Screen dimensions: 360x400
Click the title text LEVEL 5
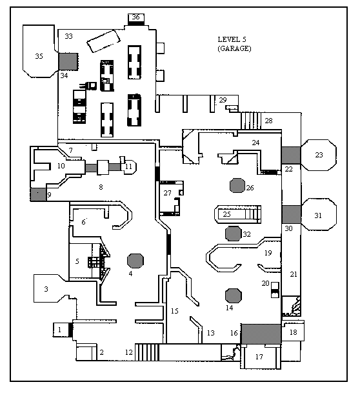[x=232, y=39]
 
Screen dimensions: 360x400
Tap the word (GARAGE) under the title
[x=234, y=48]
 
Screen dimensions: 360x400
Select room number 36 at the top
[x=135, y=17]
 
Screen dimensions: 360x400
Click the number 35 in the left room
[x=39, y=56]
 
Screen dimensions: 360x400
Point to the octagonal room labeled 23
[x=319, y=155]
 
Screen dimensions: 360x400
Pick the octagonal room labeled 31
[x=319, y=215]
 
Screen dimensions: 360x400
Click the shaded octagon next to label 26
[x=237, y=185]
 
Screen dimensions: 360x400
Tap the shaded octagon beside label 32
[x=233, y=234]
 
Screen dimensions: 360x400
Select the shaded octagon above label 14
[x=233, y=295]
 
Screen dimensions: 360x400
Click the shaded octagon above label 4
[x=135, y=261]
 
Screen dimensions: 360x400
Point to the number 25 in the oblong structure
[x=226, y=214]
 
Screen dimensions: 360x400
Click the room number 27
[x=167, y=193]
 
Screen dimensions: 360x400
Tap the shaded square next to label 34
[x=68, y=61]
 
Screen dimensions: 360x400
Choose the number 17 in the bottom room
[x=259, y=357]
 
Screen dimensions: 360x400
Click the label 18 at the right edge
[x=293, y=332]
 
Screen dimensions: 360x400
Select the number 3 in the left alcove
[x=46, y=289]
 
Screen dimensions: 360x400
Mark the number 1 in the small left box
[x=59, y=330]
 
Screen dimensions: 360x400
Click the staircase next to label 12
[x=147, y=352]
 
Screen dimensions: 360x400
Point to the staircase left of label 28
[x=251, y=121]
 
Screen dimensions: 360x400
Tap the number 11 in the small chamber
[x=128, y=166]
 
